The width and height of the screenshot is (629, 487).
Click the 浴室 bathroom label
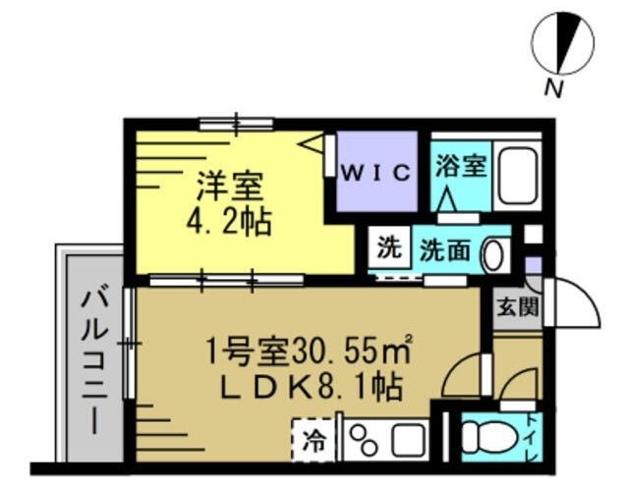click(460, 163)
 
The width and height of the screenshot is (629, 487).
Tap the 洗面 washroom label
click(444, 250)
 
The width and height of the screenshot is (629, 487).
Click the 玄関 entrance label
click(517, 309)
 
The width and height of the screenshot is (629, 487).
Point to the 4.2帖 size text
click(229, 218)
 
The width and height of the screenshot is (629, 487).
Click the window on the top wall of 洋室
click(236, 123)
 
